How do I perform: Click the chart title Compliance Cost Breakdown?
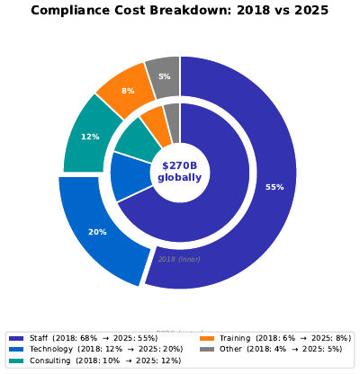[180, 11]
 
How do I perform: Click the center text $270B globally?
[180, 172]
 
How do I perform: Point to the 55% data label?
[274, 187]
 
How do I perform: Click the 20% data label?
[97, 232]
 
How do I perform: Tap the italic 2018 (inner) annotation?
[179, 259]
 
